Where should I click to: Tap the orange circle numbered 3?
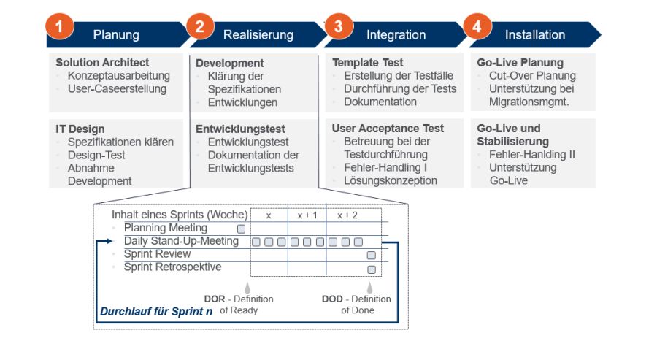[337, 27]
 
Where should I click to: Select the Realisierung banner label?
[258, 35]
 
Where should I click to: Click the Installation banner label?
[534, 35]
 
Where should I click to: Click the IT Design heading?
[80, 129]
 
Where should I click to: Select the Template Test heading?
[367, 63]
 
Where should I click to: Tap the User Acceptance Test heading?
[388, 129]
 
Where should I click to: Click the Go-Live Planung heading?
[520, 63]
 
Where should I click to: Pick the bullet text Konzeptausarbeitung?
[118, 76]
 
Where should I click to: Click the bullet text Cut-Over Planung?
[532, 76]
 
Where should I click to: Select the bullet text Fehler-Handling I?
[385, 168]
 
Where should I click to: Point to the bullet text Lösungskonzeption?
[391, 181]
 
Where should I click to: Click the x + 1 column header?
[307, 215]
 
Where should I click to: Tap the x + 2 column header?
[347, 215]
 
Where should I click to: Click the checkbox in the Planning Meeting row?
[241, 229]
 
